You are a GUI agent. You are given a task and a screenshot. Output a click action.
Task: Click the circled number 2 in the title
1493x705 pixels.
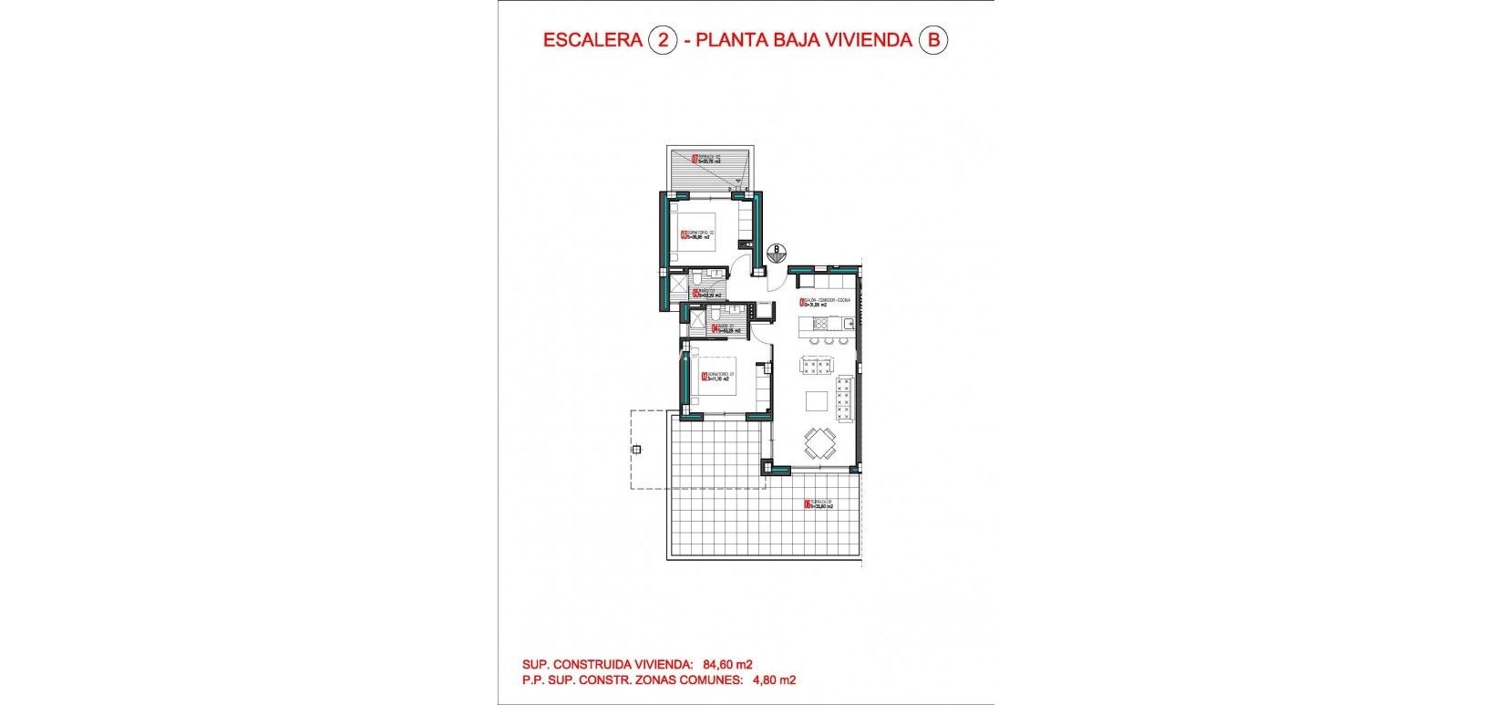pos(663,40)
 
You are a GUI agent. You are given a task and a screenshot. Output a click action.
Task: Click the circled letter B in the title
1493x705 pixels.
pos(932,40)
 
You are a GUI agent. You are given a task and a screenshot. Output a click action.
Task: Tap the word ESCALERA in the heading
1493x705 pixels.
pos(591,40)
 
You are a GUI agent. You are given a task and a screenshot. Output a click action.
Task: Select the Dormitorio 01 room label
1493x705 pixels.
pos(717,376)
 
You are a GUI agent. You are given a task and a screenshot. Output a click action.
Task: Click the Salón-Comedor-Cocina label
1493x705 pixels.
pos(826,302)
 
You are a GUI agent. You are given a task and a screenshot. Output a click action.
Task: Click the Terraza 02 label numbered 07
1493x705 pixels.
pos(706,159)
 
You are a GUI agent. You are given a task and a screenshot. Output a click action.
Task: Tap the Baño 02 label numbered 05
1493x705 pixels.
pos(706,294)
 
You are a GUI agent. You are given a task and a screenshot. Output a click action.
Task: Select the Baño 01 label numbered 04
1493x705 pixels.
pos(724,328)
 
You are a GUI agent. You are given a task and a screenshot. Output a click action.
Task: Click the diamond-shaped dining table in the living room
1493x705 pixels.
pos(819,445)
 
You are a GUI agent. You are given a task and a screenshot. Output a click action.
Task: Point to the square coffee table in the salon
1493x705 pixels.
pos(817,401)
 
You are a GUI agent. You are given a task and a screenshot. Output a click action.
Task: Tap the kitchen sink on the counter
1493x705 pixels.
pos(846,323)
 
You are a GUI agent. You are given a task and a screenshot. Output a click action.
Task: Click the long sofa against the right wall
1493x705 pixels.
pos(845,399)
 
